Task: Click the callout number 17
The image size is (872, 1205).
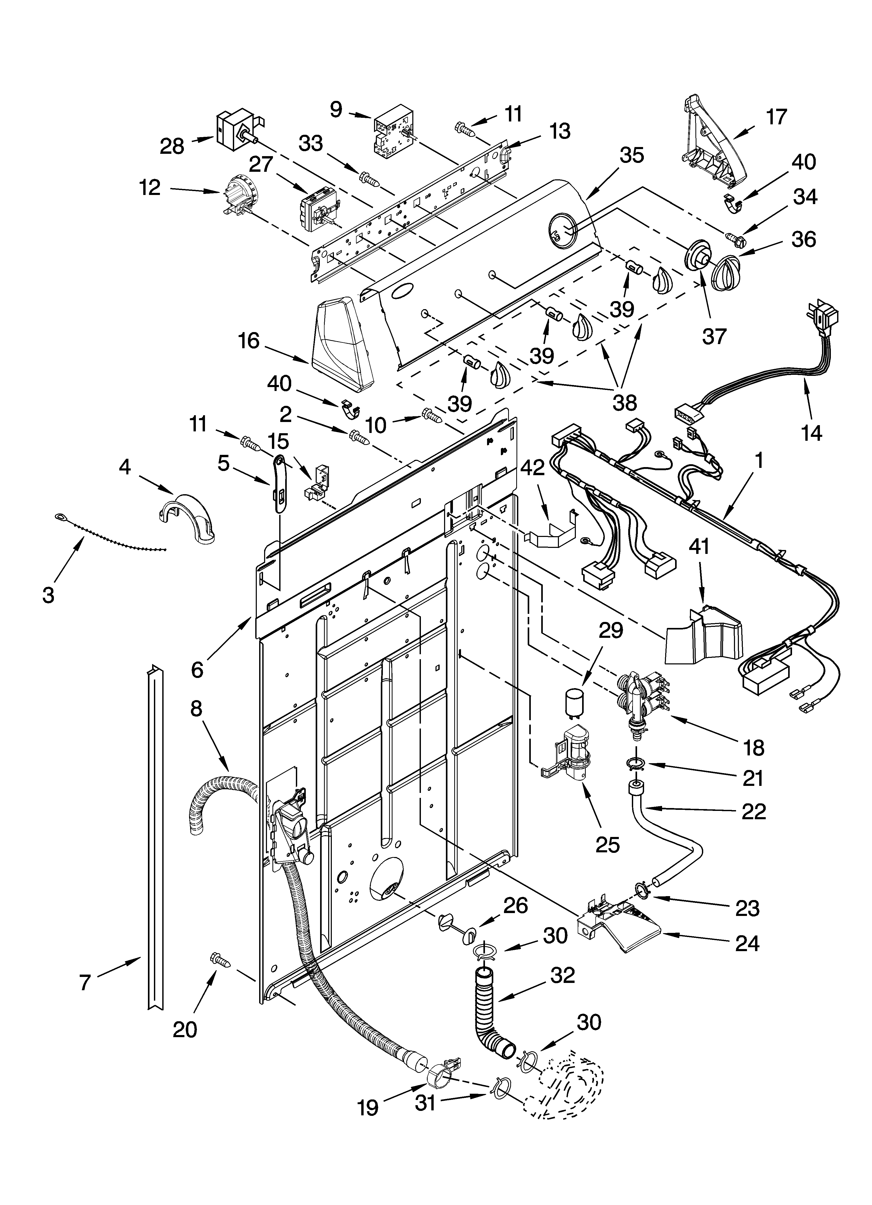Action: (x=776, y=117)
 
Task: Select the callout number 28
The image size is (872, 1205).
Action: (x=172, y=146)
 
